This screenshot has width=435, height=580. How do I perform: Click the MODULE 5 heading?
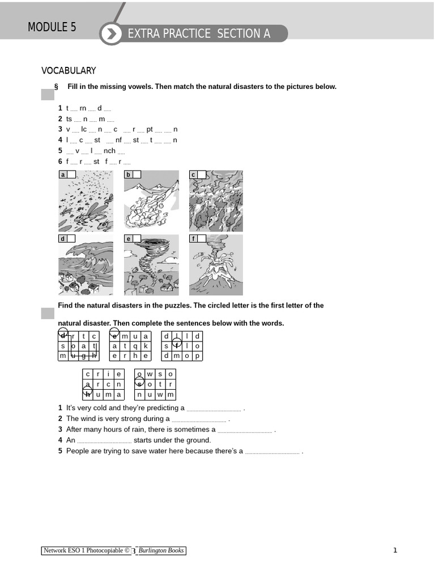[x=52, y=27]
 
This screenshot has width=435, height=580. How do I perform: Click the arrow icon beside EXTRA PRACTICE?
[x=112, y=34]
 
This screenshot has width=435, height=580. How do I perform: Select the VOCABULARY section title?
[x=69, y=71]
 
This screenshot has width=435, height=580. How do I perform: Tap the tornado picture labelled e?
[x=151, y=265]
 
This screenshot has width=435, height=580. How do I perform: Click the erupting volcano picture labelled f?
[x=216, y=265]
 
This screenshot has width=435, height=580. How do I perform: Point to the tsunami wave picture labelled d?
[x=86, y=265]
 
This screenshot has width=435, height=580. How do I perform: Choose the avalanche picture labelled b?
[x=151, y=201]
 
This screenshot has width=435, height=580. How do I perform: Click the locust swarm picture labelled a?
[x=86, y=201]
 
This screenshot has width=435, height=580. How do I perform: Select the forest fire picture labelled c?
[x=216, y=201]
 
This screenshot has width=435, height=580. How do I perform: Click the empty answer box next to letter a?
[x=71, y=174]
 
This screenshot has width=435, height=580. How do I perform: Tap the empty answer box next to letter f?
[x=202, y=238]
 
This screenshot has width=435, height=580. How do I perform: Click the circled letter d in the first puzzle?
[x=63, y=335]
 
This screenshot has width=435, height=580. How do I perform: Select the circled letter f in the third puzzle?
[x=177, y=345]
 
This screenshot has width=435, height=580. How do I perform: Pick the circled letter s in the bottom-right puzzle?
[x=140, y=384]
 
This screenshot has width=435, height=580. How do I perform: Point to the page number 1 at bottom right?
[x=395, y=550]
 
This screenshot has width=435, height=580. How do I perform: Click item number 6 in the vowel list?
[x=60, y=161]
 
